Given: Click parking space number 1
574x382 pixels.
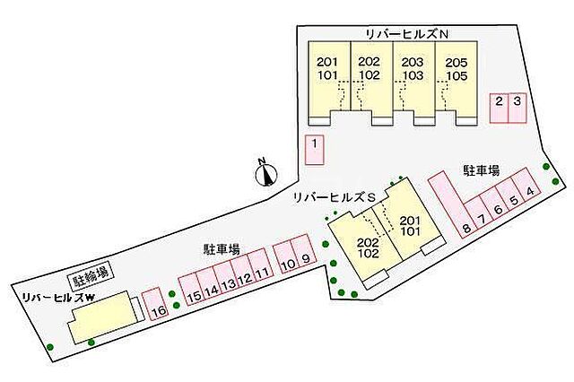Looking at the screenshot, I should [314, 148].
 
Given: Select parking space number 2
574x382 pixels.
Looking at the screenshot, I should [499, 108].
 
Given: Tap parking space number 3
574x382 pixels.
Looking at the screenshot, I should [516, 108].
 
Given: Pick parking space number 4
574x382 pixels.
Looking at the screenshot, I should [531, 191].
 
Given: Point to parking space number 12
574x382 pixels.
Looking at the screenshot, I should [244, 279].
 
